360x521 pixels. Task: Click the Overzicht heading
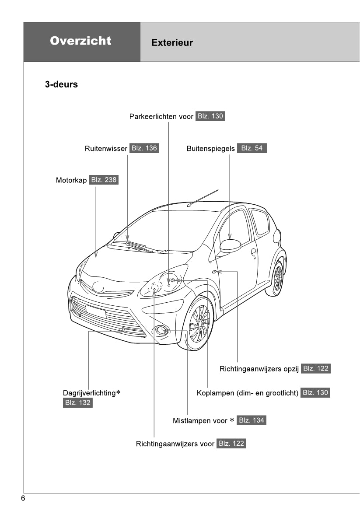80,41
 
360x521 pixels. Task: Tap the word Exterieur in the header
172,43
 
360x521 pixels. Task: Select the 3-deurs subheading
61,84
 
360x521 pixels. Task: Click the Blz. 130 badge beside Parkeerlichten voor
210,116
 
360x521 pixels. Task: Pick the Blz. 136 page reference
144,148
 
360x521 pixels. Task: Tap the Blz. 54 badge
252,148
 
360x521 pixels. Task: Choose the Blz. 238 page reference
103,180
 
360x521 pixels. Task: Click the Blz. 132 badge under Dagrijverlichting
77,403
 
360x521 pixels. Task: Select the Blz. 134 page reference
251,420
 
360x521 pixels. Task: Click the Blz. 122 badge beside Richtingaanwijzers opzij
315,368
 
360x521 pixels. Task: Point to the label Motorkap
71,180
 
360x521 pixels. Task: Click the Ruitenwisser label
106,149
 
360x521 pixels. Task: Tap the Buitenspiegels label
210,149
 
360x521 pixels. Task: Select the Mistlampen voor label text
200,421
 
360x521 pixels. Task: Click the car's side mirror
230,245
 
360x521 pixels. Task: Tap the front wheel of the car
199,323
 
